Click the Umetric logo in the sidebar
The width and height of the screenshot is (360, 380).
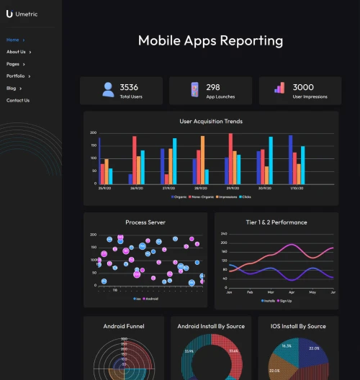(x=22, y=14)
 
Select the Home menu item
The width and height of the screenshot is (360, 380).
(x=13, y=40)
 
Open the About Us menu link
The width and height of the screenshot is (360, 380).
(x=16, y=52)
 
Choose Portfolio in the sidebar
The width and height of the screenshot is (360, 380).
(x=16, y=76)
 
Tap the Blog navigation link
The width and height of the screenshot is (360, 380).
(x=12, y=88)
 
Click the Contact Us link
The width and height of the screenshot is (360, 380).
(x=18, y=100)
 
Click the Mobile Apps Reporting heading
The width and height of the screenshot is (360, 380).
(x=210, y=40)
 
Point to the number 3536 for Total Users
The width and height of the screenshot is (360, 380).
(x=129, y=87)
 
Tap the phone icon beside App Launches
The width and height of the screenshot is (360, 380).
(x=194, y=90)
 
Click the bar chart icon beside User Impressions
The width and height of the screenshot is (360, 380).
(x=279, y=89)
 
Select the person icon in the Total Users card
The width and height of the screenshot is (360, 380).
(x=108, y=90)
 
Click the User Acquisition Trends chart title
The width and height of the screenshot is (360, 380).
(x=210, y=121)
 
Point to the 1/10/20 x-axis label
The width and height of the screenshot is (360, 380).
(x=297, y=188)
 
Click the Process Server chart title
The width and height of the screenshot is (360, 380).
(x=145, y=222)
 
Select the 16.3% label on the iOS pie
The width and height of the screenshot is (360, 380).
(x=287, y=346)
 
